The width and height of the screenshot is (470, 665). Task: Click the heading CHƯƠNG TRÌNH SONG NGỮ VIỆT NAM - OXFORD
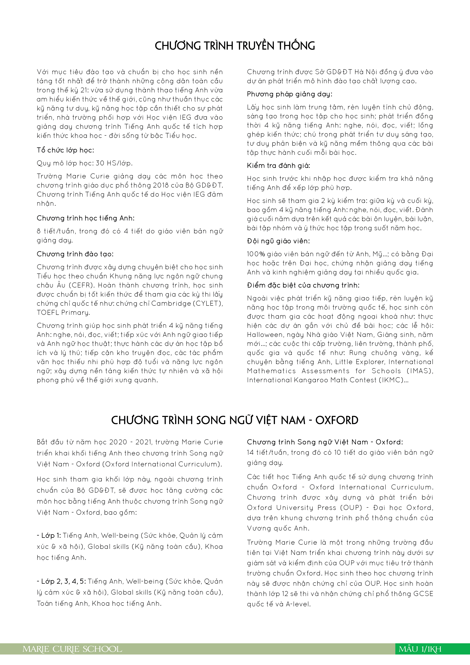pyautogui.click(x=235, y=420)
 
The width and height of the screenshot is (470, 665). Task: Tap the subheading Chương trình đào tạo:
pyautogui.click(x=75, y=254)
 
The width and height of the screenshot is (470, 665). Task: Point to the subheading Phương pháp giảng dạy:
pyautogui.click(x=290, y=94)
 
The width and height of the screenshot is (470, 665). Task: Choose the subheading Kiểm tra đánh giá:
pyautogui.click(x=278, y=166)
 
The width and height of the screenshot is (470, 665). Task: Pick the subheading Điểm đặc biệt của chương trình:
pyautogui.click(x=303, y=285)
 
